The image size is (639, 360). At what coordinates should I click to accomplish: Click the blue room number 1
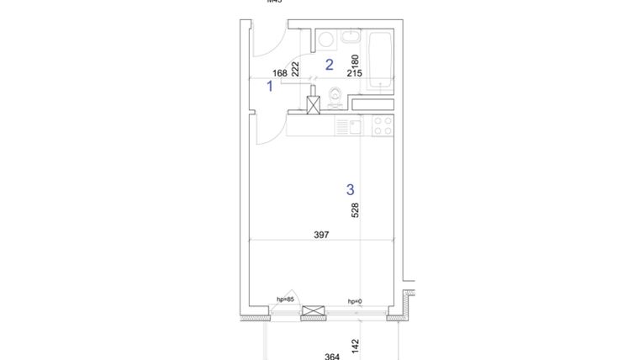pyautogui.click(x=270, y=85)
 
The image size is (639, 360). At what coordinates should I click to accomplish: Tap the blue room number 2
pyautogui.click(x=330, y=64)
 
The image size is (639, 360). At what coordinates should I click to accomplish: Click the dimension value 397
pyautogui.click(x=320, y=235)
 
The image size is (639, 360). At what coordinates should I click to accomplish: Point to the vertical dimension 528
pyautogui.click(x=355, y=209)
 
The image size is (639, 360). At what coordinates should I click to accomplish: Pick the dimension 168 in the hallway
pyautogui.click(x=280, y=73)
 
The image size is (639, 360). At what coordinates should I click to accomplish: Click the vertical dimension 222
pyautogui.click(x=295, y=69)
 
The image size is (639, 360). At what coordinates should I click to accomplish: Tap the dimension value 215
pyautogui.click(x=353, y=73)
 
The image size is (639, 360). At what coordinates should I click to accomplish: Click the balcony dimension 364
pyautogui.click(x=332, y=356)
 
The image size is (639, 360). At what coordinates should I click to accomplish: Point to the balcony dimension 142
pyautogui.click(x=355, y=345)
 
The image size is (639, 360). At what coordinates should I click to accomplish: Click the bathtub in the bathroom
pyautogui.click(x=381, y=59)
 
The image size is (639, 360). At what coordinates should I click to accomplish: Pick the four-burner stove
pyautogui.click(x=383, y=126)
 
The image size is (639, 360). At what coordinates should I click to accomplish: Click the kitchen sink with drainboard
pyautogui.click(x=349, y=127)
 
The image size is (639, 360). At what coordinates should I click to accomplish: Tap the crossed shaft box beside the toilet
pyautogui.click(x=314, y=104)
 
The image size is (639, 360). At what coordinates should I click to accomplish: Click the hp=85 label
pyautogui.click(x=285, y=299)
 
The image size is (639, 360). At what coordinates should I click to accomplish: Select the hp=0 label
pyautogui.click(x=355, y=301)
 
